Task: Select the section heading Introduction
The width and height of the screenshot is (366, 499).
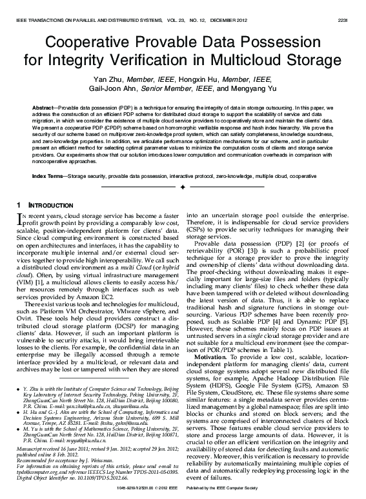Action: (x=43, y=205)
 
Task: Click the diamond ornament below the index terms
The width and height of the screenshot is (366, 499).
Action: (x=182, y=187)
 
